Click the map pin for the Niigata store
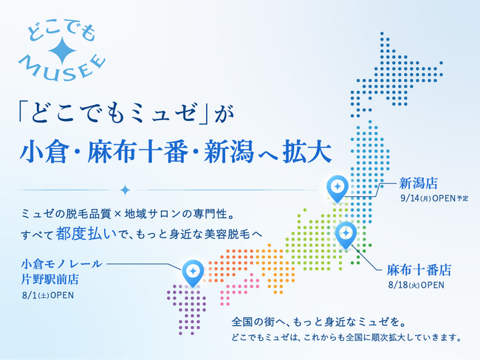[337, 188]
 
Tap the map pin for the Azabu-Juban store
[346, 235]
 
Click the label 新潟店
[418, 183]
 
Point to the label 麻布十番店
[419, 270]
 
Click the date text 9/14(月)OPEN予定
[434, 198]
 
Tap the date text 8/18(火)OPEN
[416, 285]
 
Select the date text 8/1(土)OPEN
[48, 295]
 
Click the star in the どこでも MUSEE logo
[62, 51]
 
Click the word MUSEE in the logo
[62, 68]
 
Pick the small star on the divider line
[125, 190]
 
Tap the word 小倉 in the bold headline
[44, 151]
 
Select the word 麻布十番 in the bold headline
[137, 151]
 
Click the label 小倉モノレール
[61, 263]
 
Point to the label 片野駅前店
[50, 279]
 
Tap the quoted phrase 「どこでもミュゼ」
[113, 112]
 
